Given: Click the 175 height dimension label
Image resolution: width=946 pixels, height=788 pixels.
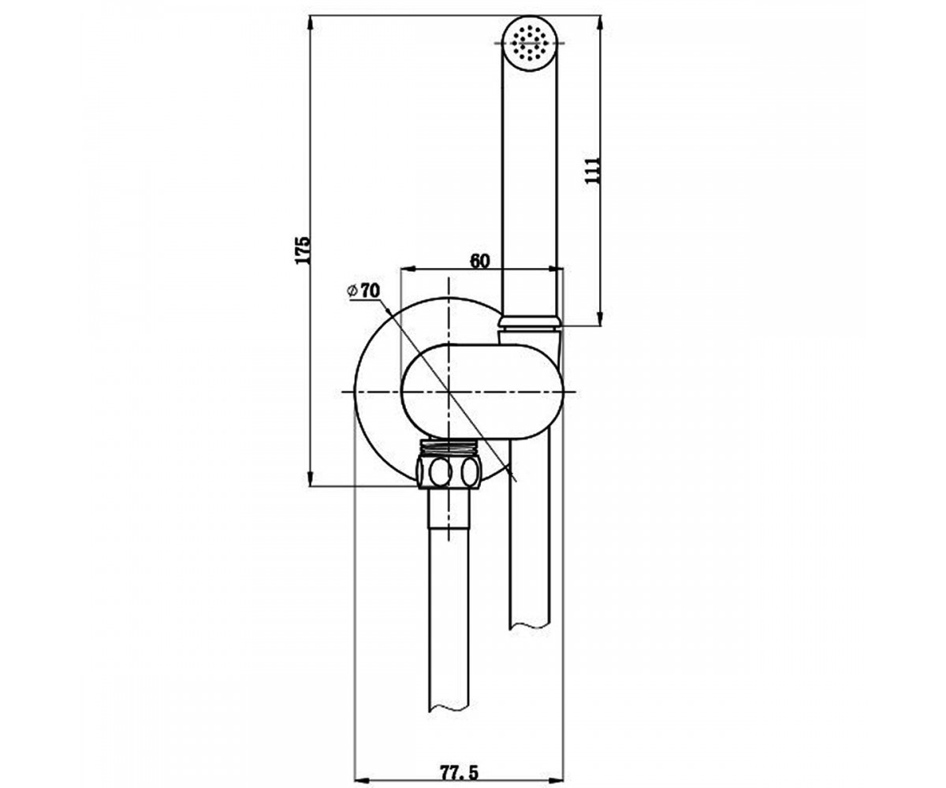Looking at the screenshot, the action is [x=303, y=250].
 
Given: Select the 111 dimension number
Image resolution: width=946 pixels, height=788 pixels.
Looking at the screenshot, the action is [x=592, y=170].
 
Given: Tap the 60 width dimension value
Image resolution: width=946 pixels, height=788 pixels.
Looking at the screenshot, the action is [x=480, y=261].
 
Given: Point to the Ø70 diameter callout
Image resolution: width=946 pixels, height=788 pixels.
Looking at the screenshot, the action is [x=363, y=290].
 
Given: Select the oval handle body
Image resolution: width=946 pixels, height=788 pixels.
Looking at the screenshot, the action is [x=482, y=392].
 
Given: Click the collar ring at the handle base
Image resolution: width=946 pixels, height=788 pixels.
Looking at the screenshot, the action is [x=530, y=322].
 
